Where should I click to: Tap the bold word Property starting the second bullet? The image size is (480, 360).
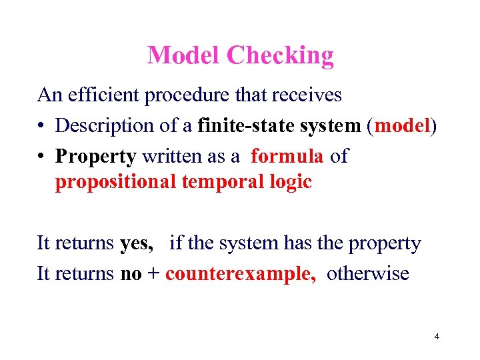pyautogui.click(x=96, y=157)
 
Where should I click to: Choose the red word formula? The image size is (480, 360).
pyautogui.click(x=287, y=156)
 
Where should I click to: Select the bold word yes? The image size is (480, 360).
pyautogui.click(x=137, y=244)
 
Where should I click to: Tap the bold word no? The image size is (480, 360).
pyautogui.click(x=131, y=274)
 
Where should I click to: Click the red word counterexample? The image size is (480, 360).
pyautogui.click(x=241, y=274)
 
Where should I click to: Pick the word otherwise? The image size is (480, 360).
pyautogui.click(x=367, y=274)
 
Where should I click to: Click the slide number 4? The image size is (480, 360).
pyautogui.click(x=436, y=337)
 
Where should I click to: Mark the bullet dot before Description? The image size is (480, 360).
pyautogui.click(x=42, y=127)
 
